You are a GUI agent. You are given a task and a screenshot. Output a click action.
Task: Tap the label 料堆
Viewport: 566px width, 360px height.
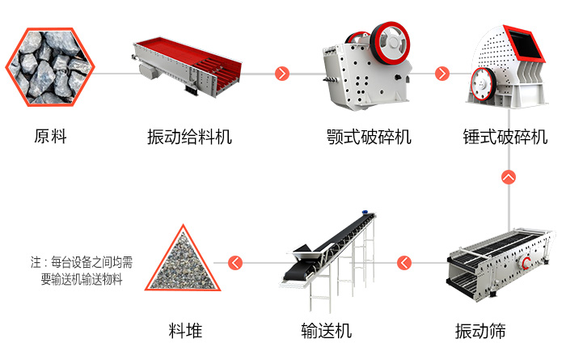(x=185, y=331)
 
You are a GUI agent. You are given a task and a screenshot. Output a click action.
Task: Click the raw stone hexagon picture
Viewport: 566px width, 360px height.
(x=50, y=66)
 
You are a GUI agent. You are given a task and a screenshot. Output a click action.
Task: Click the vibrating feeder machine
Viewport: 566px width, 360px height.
(x=189, y=65)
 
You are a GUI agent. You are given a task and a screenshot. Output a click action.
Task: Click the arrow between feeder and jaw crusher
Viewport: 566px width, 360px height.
(x=282, y=74)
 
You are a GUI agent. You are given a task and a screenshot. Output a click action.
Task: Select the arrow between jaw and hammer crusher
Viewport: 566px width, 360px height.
(x=441, y=74)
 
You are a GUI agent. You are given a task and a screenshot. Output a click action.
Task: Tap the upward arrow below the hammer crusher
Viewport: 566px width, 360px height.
(x=509, y=176)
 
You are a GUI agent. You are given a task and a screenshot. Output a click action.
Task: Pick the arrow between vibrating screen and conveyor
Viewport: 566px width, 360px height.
(x=403, y=262)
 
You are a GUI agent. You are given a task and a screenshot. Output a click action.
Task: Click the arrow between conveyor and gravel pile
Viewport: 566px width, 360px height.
(x=235, y=262)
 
